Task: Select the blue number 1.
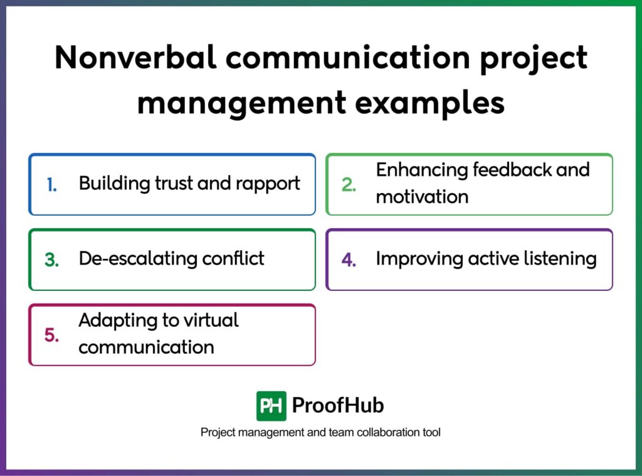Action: click(x=51, y=184)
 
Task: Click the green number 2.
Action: click(x=349, y=185)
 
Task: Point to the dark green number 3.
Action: click(x=52, y=260)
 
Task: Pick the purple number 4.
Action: click(x=349, y=260)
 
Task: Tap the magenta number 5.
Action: click(x=52, y=335)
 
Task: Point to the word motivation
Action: click(x=422, y=196)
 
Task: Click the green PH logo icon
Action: click(x=271, y=406)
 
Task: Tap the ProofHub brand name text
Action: click(x=338, y=406)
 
